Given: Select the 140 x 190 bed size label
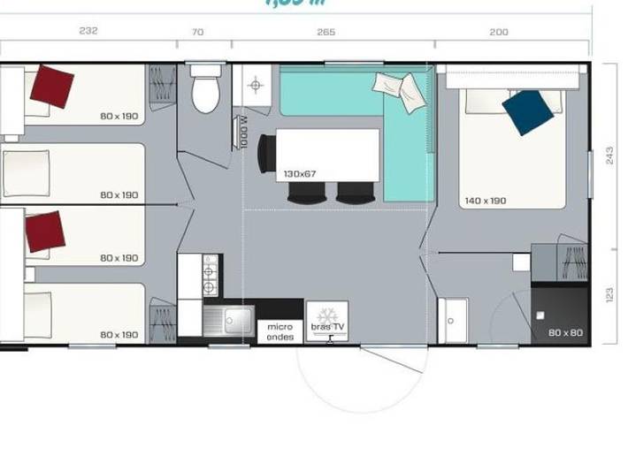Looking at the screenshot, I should (486, 201).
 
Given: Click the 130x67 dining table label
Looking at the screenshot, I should (300, 174).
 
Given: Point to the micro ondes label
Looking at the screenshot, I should (280, 330).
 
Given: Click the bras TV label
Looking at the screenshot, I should (327, 327).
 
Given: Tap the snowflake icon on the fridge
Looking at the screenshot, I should (327, 313).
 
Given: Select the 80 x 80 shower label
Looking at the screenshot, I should (565, 333).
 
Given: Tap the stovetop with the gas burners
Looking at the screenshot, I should (211, 275).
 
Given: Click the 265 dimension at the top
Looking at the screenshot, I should (325, 32).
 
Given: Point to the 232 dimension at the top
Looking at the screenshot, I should (88, 31).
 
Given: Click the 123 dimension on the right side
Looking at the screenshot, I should (609, 295).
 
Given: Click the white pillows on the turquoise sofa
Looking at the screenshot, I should (399, 90).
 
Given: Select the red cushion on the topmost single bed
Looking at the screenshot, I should (51, 87).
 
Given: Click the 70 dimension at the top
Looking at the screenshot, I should (197, 32).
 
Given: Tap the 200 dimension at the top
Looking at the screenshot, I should (499, 32).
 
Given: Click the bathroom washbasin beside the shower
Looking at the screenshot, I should (452, 320).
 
